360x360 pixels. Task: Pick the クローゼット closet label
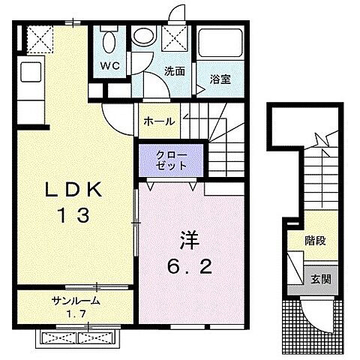click(171, 158)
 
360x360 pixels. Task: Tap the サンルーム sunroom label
click(76, 301)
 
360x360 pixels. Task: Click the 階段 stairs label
click(316, 242)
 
